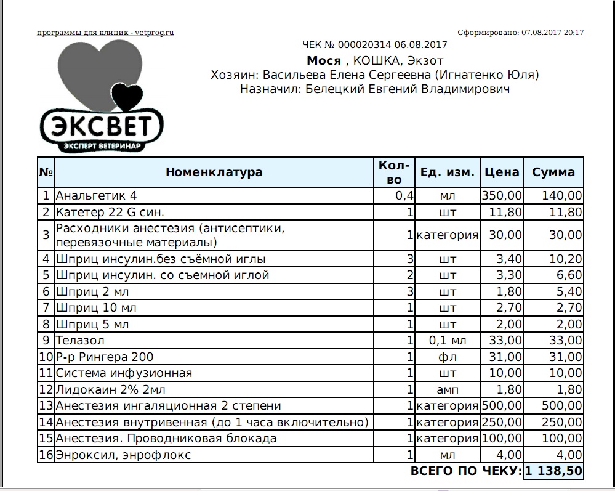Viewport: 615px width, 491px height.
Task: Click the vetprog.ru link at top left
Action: (105, 33)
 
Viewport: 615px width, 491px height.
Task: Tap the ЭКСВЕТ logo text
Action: (102, 126)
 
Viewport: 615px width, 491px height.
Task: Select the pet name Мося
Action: (324, 60)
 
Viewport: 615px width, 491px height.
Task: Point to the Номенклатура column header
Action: (214, 172)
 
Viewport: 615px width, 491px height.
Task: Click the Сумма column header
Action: (553, 172)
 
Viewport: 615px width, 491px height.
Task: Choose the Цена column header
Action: (502, 172)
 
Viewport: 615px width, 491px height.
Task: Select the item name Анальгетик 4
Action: (97, 196)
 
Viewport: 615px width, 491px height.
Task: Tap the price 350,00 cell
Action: (502, 196)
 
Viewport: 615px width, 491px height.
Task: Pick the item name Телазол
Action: (81, 340)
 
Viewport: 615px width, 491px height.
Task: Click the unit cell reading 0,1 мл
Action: (448, 340)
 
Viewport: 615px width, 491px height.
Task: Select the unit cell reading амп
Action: (448, 389)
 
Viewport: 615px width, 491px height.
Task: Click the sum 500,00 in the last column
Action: (561, 405)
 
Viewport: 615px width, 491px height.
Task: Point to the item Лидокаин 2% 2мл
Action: (111, 389)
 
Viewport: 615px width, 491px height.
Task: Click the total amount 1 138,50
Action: (553, 471)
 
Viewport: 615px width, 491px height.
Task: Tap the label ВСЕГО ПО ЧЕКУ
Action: (465, 471)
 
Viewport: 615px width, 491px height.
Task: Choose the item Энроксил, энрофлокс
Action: (123, 455)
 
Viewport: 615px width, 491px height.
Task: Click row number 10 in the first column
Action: (46, 357)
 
